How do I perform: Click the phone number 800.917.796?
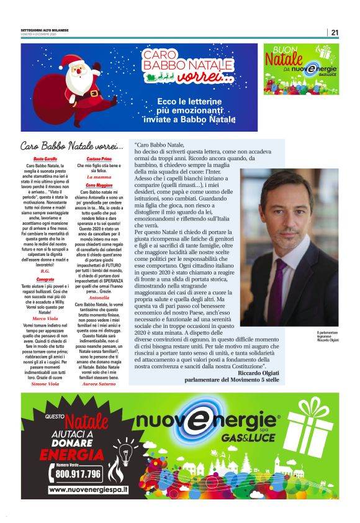(x=78, y=474)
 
